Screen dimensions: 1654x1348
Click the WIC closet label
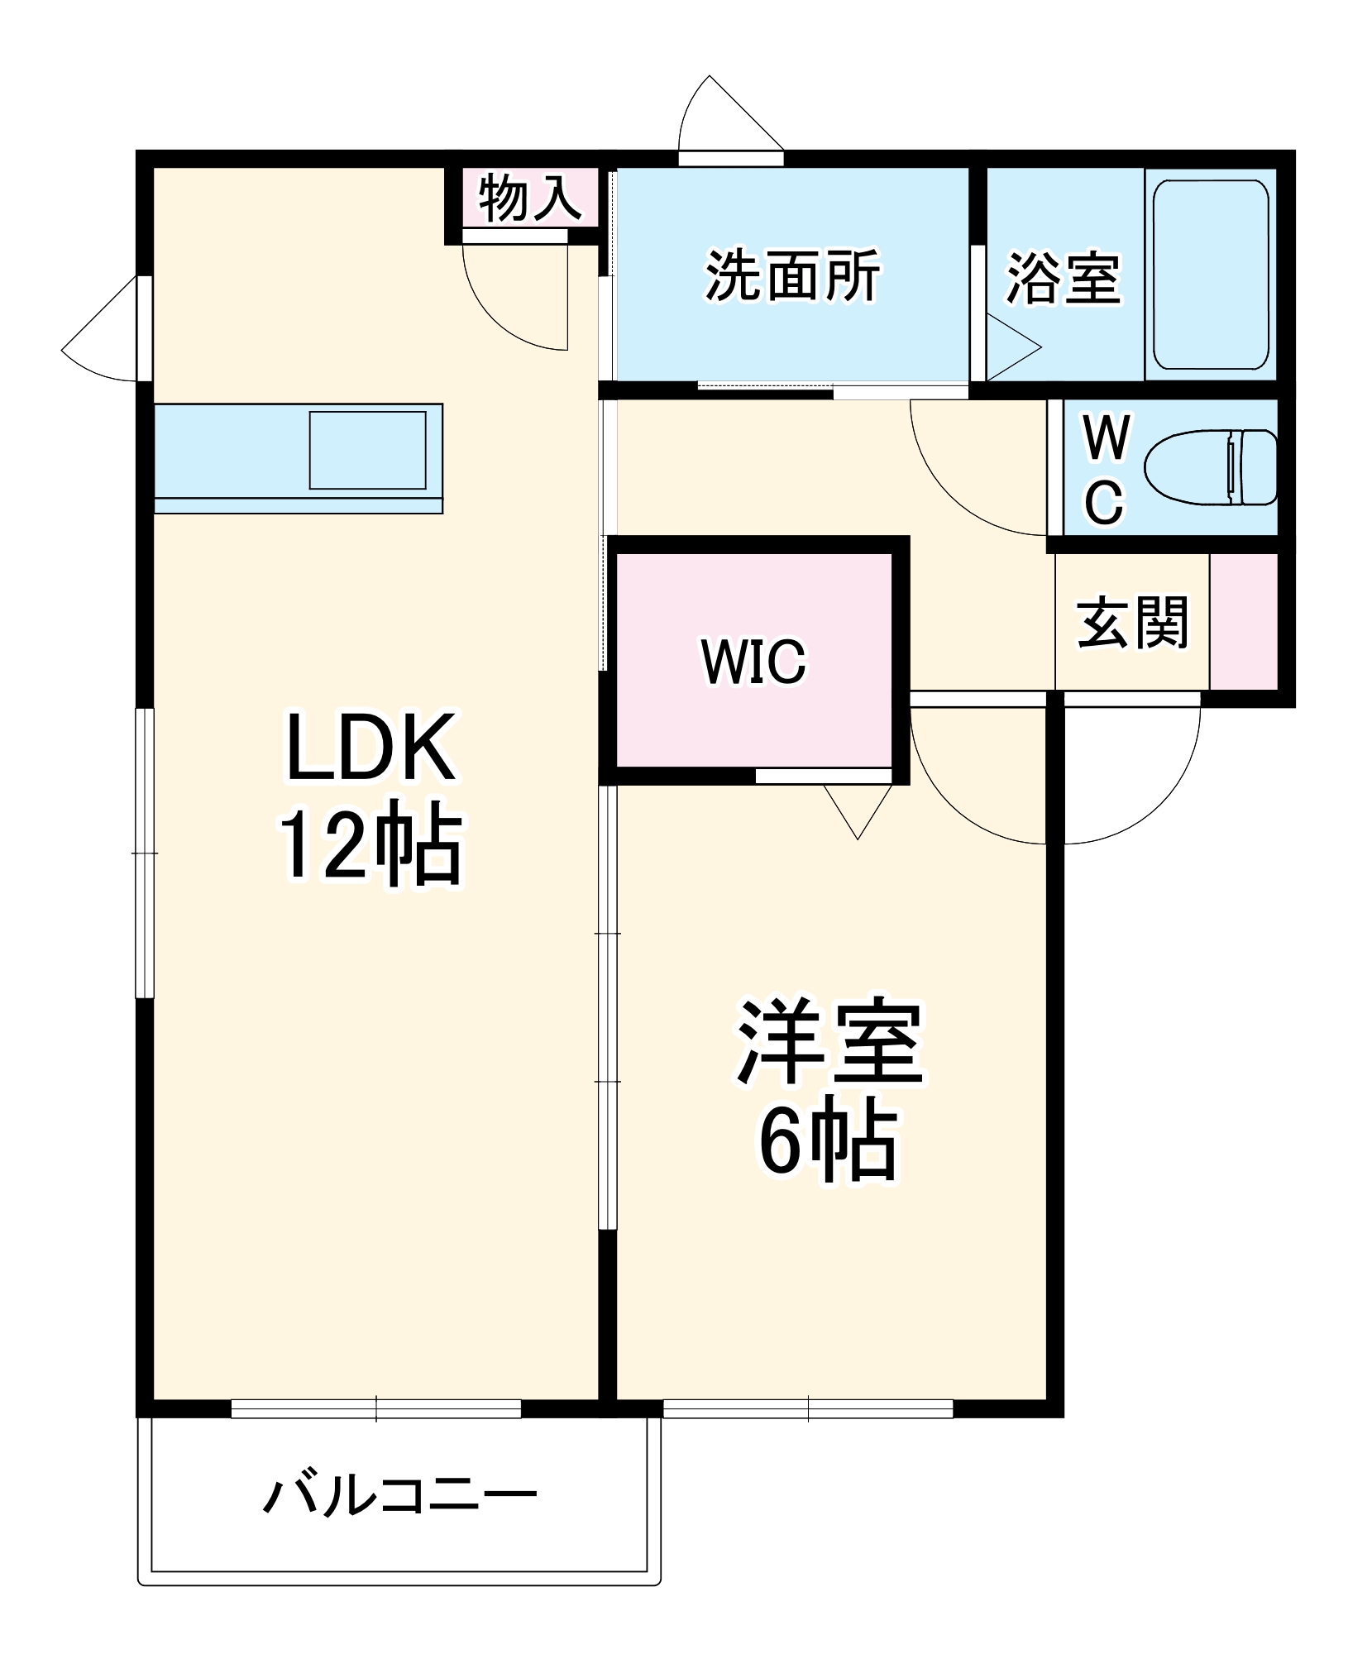point(753,662)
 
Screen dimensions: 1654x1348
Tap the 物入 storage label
point(530,198)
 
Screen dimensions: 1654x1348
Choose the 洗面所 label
point(792,276)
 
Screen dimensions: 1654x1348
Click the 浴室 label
point(1064,278)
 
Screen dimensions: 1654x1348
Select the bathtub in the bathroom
point(1211,275)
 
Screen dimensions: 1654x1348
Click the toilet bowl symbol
point(1209,467)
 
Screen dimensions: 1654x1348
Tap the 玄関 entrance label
point(1132,622)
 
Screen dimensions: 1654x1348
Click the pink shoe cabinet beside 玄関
point(1244,621)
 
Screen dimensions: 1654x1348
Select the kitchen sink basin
point(367,450)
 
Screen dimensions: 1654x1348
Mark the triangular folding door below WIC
point(858,810)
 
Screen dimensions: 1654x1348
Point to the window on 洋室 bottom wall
point(808,1408)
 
